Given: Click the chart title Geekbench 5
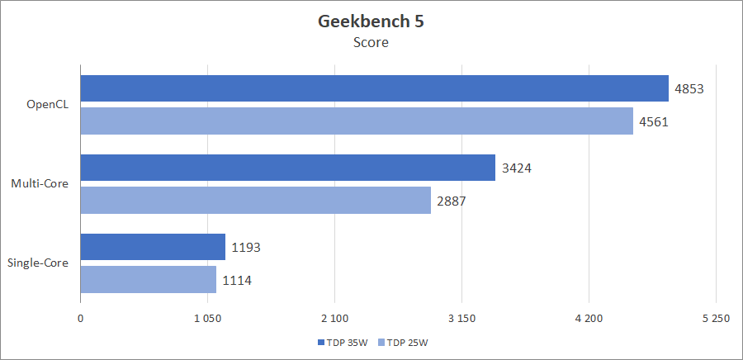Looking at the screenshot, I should click(x=371, y=21).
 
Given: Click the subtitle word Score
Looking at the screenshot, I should click(x=371, y=43).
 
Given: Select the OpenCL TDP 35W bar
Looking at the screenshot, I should click(x=374, y=88).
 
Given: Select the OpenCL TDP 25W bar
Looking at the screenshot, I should click(x=357, y=121).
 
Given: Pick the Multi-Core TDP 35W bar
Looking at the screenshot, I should click(x=287, y=168).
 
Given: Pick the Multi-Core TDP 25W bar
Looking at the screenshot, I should click(x=255, y=200).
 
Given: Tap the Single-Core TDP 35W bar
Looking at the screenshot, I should click(x=153, y=247).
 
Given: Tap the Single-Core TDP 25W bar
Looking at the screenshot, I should click(x=149, y=279).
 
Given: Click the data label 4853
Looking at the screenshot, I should click(x=689, y=88).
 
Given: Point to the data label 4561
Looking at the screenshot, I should click(x=653, y=121).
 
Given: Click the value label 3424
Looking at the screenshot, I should click(x=515, y=168).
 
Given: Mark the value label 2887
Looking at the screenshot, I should click(x=451, y=201).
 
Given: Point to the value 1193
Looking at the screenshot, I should click(x=245, y=247).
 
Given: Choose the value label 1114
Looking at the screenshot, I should click(x=236, y=280).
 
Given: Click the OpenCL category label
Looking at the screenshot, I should click(x=49, y=105).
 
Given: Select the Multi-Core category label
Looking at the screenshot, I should click(x=40, y=184).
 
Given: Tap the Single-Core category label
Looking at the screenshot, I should click(x=38, y=263).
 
